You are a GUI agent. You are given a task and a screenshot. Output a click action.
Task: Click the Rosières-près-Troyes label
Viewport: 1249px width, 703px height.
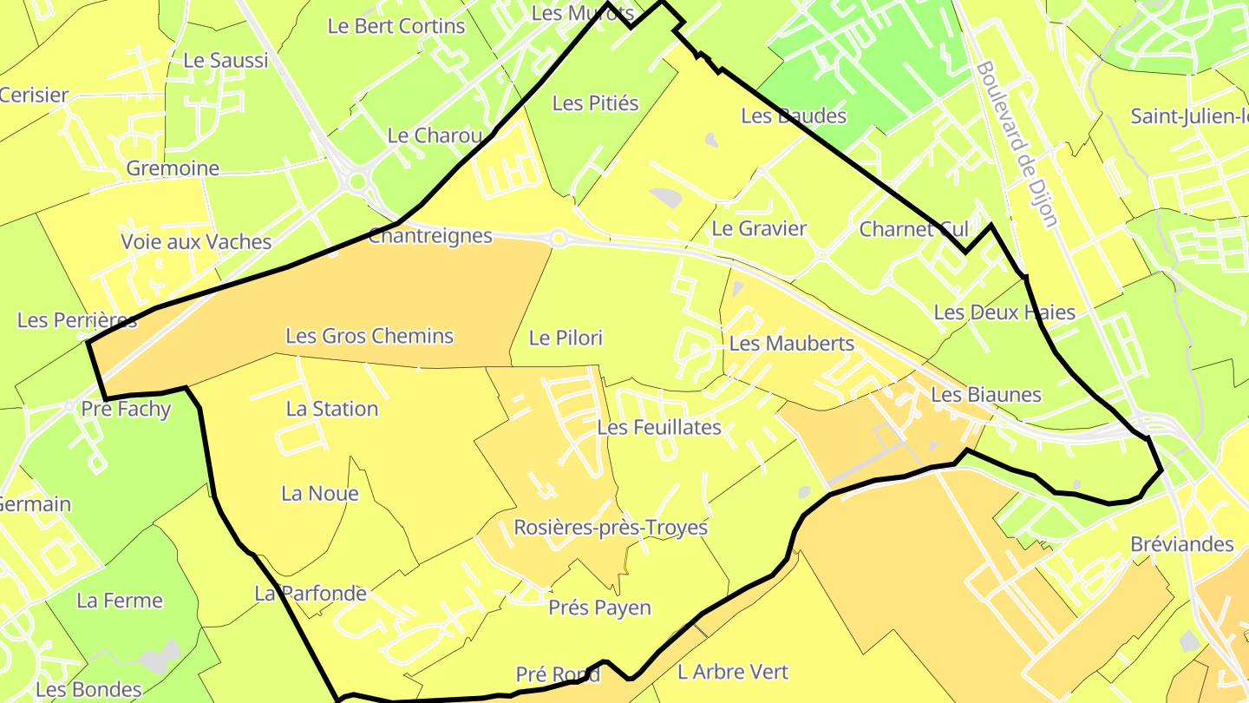tap(611, 527)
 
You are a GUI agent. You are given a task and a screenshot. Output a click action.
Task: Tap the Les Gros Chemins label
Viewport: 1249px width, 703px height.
tap(369, 336)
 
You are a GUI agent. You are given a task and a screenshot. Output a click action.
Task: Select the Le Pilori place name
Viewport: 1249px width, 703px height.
tap(566, 338)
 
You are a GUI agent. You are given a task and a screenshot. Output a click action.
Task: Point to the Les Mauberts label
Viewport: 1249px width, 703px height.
tap(791, 344)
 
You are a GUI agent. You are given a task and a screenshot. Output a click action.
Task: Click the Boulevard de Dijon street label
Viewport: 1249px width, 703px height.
tap(1017, 144)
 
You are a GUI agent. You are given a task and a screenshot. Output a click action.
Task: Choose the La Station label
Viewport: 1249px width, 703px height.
tap(332, 409)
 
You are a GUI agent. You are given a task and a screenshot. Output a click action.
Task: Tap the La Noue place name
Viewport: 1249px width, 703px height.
tap(319, 494)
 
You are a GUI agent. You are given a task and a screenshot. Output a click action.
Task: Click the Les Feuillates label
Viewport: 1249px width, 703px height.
tap(659, 427)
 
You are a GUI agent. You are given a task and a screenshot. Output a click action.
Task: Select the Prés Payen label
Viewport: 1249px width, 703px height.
tap(599, 608)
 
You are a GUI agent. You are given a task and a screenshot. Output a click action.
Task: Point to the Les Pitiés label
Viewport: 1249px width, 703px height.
tap(595, 103)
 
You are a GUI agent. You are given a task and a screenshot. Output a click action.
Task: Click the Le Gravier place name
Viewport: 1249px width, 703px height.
tap(759, 228)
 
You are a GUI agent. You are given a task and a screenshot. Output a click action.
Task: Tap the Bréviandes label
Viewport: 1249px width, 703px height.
tap(1181, 544)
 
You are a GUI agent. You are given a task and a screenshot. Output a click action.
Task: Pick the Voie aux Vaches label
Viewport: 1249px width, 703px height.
tap(196, 242)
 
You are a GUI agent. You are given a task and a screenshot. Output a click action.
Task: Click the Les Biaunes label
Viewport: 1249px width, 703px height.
tap(985, 395)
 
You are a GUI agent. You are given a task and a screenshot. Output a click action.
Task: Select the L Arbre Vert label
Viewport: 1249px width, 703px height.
tap(733, 671)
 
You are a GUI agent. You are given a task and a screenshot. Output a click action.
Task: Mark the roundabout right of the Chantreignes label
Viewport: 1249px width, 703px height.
tap(559, 237)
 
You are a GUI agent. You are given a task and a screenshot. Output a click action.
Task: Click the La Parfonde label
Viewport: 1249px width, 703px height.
tap(311, 594)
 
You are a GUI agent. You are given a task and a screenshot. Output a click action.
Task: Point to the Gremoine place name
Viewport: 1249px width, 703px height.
tap(173, 168)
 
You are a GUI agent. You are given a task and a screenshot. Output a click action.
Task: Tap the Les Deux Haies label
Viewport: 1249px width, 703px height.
tap(1004, 312)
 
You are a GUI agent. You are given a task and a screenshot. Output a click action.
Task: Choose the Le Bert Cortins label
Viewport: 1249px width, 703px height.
tap(396, 26)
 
